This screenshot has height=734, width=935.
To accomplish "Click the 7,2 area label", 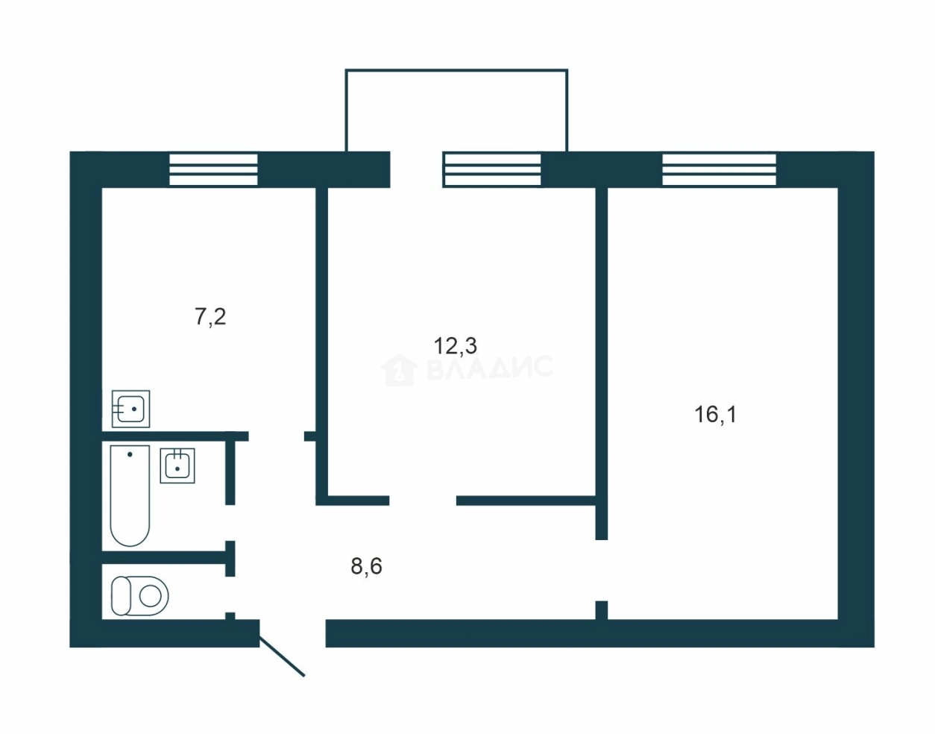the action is (210, 318).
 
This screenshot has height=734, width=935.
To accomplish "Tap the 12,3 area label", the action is (456, 345).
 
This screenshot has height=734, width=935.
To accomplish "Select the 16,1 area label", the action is (715, 415).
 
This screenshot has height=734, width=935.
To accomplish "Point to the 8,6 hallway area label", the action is (366, 565).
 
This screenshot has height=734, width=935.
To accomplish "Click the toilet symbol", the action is (140, 596).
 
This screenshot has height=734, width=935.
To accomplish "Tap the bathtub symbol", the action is (130, 495).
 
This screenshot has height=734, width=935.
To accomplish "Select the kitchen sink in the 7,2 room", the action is (130, 409).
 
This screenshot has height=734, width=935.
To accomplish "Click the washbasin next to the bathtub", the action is (177, 465).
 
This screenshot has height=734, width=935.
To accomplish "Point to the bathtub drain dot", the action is (130, 454).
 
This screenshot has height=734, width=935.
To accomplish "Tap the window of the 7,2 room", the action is (213, 169).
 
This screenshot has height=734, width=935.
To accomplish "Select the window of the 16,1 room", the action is (719, 169).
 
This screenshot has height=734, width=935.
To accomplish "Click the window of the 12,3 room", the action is (492, 169).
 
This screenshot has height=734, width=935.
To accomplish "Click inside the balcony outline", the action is (456, 110).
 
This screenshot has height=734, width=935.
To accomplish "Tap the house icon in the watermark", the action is (399, 370).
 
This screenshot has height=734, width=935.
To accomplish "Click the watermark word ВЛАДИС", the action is (489, 367).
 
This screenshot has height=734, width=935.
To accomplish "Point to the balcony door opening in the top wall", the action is (417, 169).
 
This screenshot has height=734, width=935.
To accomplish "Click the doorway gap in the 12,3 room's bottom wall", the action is (423, 501).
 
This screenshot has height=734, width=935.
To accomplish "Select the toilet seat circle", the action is (151, 597).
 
